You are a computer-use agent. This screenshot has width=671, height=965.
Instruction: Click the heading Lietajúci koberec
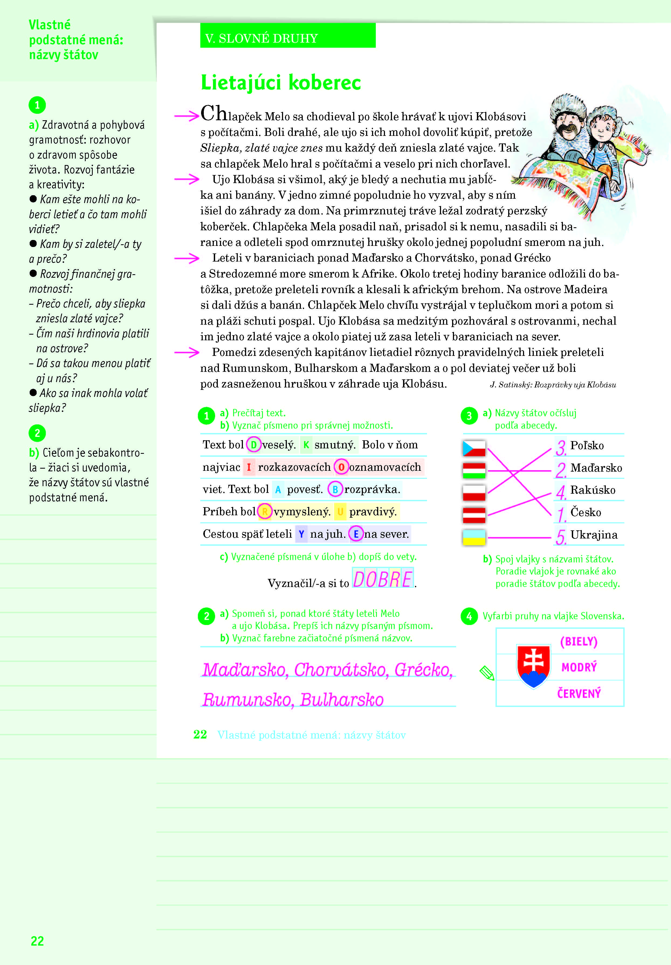pos(281,83)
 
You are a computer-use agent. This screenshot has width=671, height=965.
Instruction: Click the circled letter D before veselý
pos(253,445)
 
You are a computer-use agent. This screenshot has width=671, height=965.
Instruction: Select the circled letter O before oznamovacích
pos(341,467)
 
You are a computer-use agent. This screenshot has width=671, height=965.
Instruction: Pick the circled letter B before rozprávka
pos(335,489)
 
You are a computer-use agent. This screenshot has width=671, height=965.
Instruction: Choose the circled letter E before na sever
pos(356,534)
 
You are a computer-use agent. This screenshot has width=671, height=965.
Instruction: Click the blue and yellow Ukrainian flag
pos(474,538)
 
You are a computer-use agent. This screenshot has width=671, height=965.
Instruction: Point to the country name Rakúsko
pos(593,490)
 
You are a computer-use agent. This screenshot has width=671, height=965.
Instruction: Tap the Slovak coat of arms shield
pos(534,665)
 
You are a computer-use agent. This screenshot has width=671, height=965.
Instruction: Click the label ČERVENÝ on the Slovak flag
pos(579,693)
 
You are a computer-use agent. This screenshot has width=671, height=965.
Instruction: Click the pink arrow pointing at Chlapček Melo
pos(187,116)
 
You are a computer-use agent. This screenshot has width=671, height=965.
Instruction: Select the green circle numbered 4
pos(469,617)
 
